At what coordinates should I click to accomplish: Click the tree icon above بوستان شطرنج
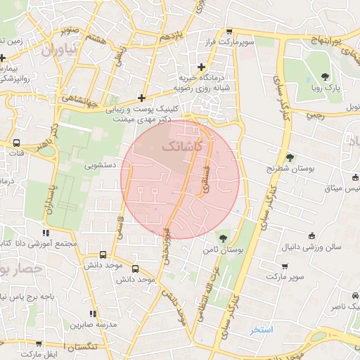tap(289, 157)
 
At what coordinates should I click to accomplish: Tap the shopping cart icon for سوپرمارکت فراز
tap(229, 32)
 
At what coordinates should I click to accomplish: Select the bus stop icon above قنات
tap(16, 141)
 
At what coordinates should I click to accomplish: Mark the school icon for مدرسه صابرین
tap(91, 314)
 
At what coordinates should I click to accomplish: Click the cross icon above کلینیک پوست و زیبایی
tap(142, 98)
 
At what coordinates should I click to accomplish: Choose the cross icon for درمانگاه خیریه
tap(201, 67)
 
